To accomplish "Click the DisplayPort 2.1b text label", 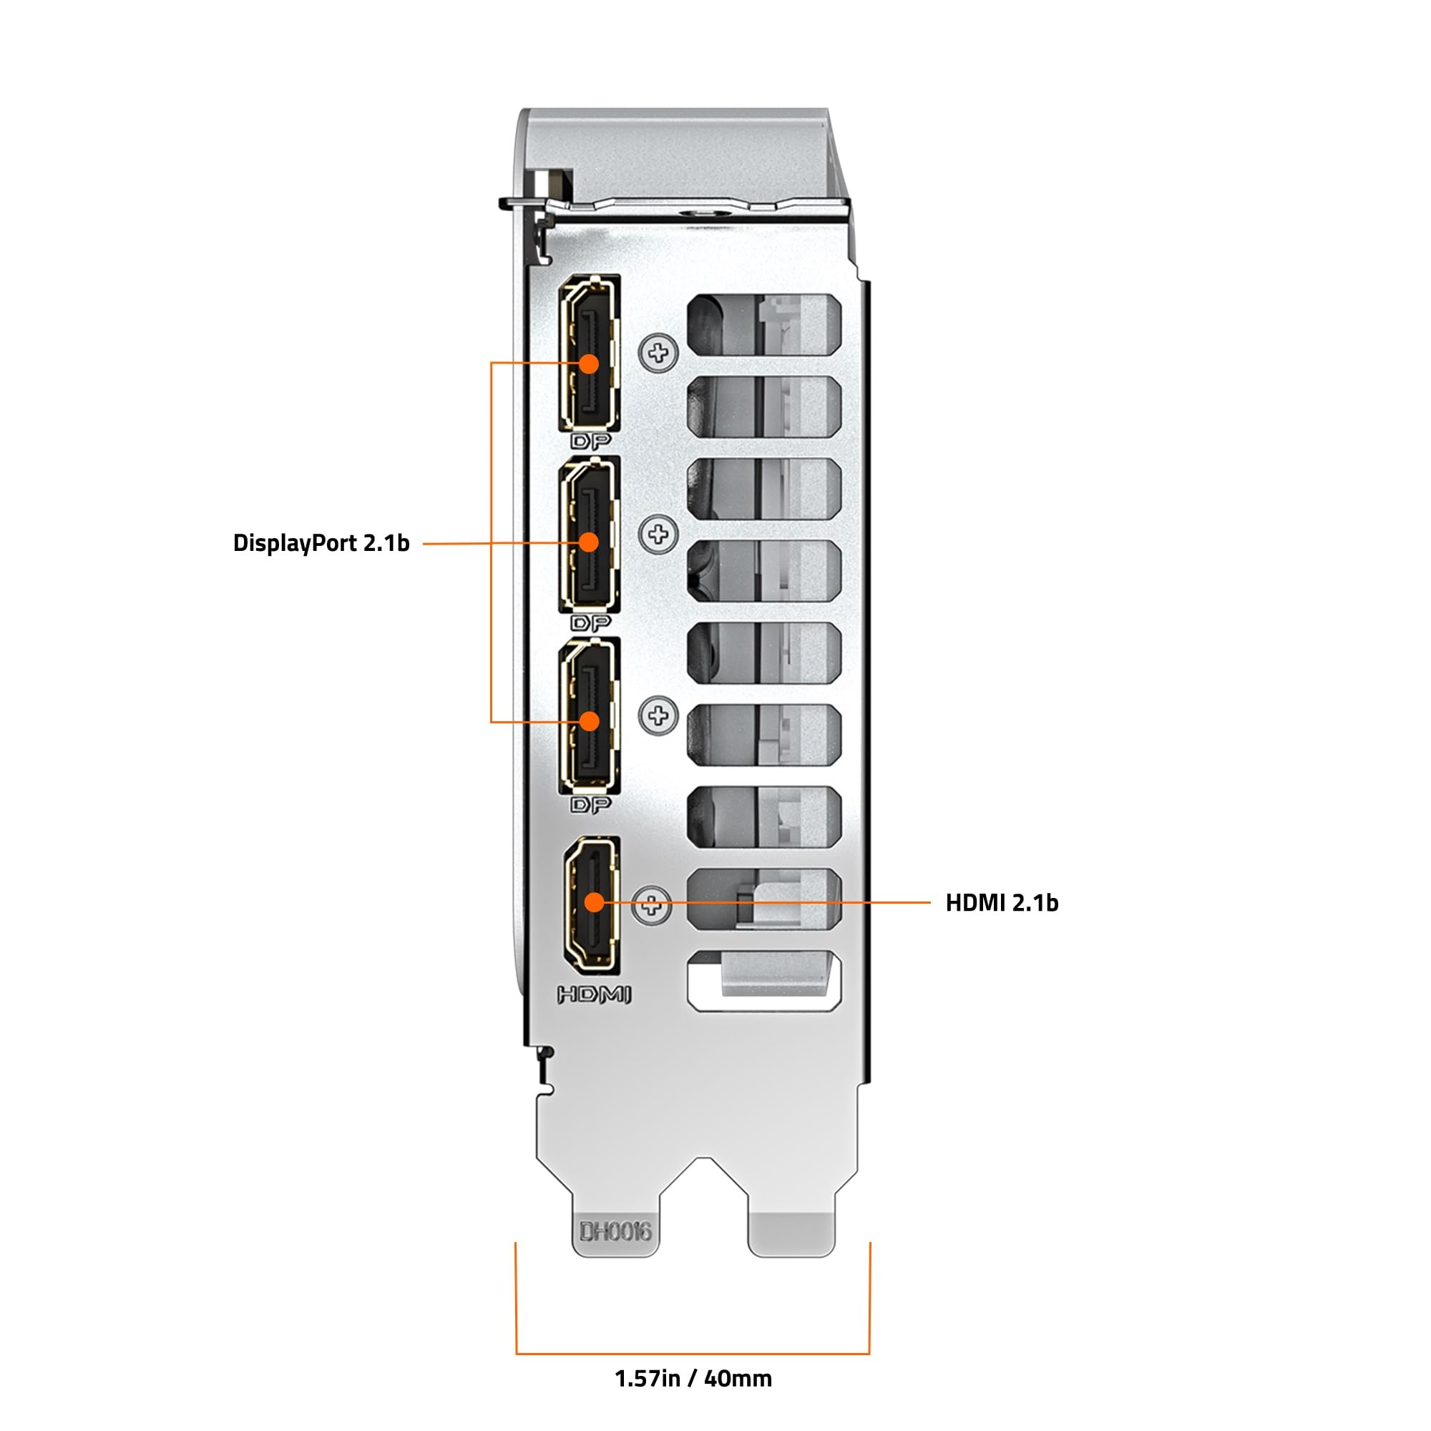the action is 321,543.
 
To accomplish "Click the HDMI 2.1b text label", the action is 1002,903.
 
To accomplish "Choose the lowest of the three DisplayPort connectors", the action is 590,715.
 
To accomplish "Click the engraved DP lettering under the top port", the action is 591,442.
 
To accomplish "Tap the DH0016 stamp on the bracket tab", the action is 615,1232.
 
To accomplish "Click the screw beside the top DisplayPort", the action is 658,353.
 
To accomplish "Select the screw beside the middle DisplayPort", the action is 658,534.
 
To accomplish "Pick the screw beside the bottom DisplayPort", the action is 658,715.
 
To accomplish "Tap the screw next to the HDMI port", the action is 652,904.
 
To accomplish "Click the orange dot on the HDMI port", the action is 594,902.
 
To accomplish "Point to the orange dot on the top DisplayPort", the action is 589,363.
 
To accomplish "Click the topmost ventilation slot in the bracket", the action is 764,323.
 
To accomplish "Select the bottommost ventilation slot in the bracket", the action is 764,982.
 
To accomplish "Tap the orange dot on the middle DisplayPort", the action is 589,542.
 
